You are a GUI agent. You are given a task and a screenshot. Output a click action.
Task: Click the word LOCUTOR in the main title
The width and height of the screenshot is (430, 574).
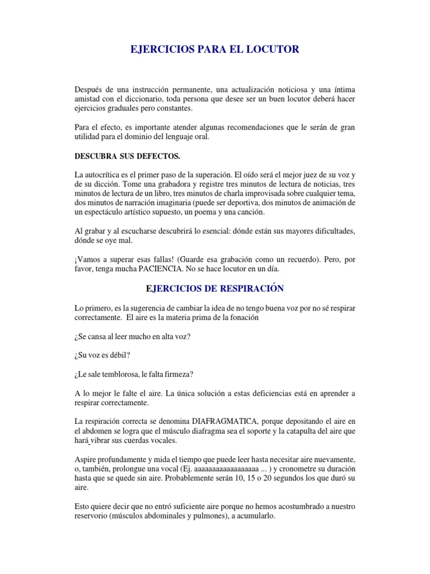[x=270, y=50]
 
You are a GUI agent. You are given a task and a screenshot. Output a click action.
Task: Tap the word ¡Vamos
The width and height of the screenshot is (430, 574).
[x=87, y=260]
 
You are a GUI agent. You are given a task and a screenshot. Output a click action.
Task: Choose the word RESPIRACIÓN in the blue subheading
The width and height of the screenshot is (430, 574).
[x=248, y=289]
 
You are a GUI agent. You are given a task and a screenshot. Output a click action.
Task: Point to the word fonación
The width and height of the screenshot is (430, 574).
[x=244, y=317]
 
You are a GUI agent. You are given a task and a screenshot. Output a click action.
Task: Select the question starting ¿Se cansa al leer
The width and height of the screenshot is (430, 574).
[x=134, y=336]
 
